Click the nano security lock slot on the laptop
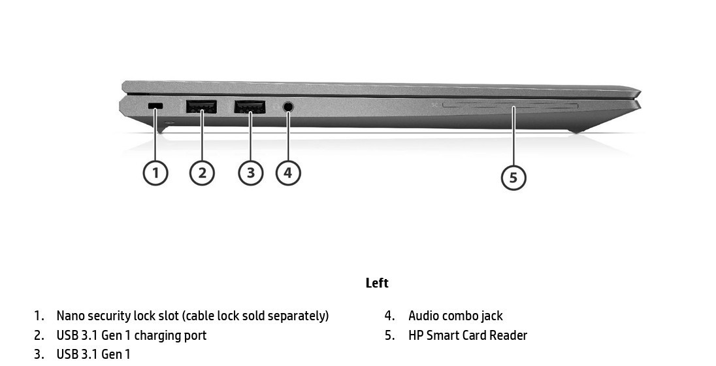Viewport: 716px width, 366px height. pyautogui.click(x=155, y=106)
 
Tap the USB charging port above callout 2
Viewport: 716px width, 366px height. pyautogui.click(x=201, y=107)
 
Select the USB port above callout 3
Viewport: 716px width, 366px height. pyautogui.click(x=250, y=107)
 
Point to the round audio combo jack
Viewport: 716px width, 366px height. pyautogui.click(x=288, y=107)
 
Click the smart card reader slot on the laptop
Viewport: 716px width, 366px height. pyautogui.click(x=510, y=106)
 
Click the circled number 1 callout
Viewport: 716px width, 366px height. pyautogui.click(x=155, y=173)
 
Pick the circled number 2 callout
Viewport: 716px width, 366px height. pyautogui.click(x=202, y=173)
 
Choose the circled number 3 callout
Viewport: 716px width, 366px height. pyautogui.click(x=251, y=173)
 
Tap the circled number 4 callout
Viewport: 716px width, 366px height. pyautogui.click(x=288, y=173)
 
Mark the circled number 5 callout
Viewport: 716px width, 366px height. pyautogui.click(x=513, y=177)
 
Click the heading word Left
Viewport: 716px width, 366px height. pyautogui.click(x=377, y=283)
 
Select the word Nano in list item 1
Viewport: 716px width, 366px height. pyautogui.click(x=71, y=316)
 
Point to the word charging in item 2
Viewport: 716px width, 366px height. pyautogui.click(x=157, y=336)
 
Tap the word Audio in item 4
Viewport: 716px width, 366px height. pyautogui.click(x=424, y=316)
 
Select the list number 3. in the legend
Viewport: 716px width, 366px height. pyautogui.click(x=39, y=355)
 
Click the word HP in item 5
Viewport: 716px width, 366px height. pyautogui.click(x=415, y=335)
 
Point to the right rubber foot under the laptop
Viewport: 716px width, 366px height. pyautogui.click(x=576, y=131)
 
